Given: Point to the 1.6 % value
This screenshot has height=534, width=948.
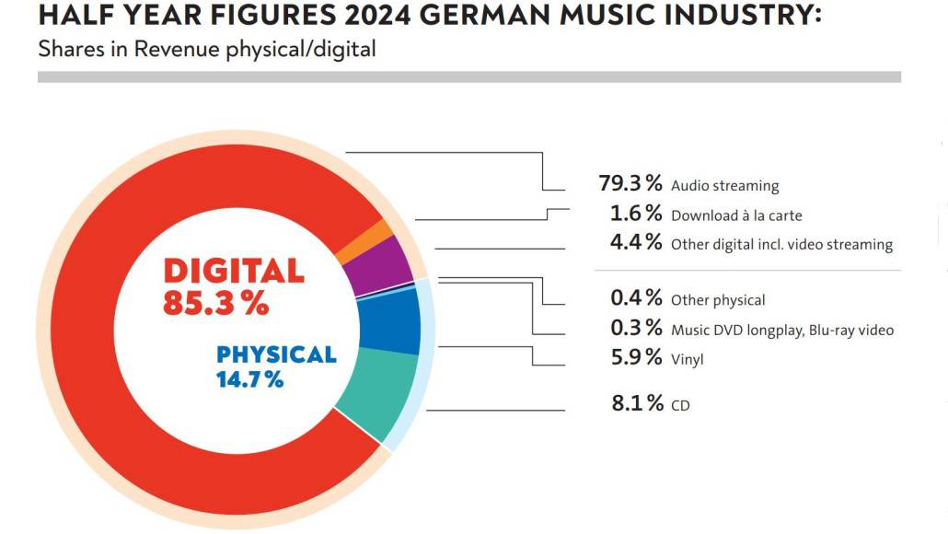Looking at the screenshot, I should pyautogui.click(x=636, y=214).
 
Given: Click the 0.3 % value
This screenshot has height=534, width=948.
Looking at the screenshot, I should pyautogui.click(x=636, y=328).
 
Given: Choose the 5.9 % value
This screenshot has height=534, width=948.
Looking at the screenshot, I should pyautogui.click(x=636, y=357).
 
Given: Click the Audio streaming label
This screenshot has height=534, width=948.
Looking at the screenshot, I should pyautogui.click(x=725, y=186).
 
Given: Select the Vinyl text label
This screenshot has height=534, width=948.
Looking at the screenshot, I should pyautogui.click(x=688, y=360).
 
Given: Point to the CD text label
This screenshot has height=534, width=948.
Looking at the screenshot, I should pyautogui.click(x=681, y=405).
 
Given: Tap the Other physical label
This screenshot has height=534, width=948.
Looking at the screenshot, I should pyautogui.click(x=718, y=300).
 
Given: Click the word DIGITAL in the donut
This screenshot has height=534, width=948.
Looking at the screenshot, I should pyautogui.click(x=233, y=271).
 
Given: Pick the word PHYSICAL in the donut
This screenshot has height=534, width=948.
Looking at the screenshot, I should pyautogui.click(x=276, y=354).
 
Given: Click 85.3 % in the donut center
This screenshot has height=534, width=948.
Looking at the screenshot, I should pyautogui.click(x=215, y=303).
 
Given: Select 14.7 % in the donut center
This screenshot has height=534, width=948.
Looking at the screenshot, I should pyautogui.click(x=249, y=378).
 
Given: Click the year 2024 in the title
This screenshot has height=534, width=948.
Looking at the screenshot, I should pyautogui.click(x=306, y=17).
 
